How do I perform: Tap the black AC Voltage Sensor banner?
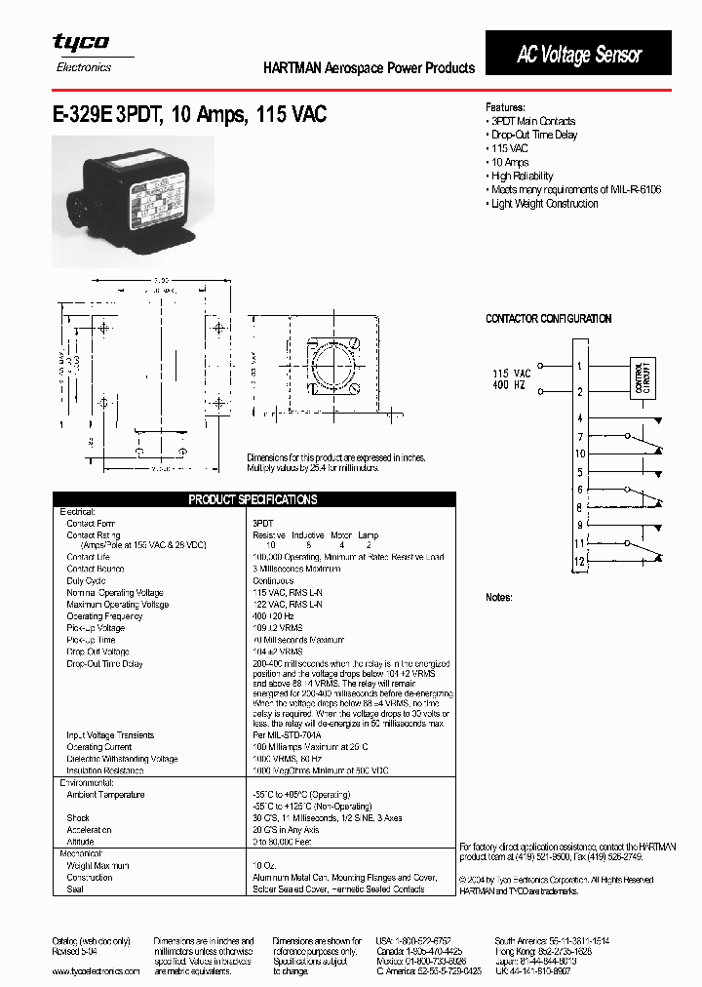pyautogui.click(x=578, y=54)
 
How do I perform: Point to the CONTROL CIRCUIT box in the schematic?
pyautogui.click(x=643, y=376)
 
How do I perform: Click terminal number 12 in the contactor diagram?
pyautogui.click(x=579, y=561)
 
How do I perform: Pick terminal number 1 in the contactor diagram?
pyautogui.click(x=579, y=366)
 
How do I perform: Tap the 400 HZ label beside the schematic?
pyautogui.click(x=511, y=386)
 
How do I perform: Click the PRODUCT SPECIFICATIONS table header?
pyautogui.click(x=253, y=499)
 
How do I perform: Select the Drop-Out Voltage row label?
pyautogui.click(x=97, y=651)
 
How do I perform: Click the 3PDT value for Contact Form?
pyautogui.click(x=263, y=524)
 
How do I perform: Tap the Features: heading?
pyautogui.click(x=505, y=107)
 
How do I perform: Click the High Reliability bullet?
pyautogui.click(x=522, y=176)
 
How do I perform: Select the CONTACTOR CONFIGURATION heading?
pyautogui.click(x=548, y=319)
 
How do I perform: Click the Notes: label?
pyautogui.click(x=498, y=597)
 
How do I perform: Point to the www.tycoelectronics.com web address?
pyautogui.click(x=96, y=970)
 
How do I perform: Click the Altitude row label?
pyautogui.click(x=80, y=842)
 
